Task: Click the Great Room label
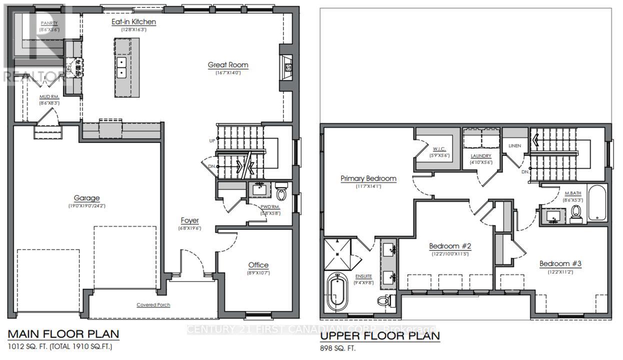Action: tap(228, 65)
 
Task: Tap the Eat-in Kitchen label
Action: tap(133, 22)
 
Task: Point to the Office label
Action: tap(258, 265)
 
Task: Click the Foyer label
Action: tap(189, 220)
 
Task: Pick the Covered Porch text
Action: tap(153, 304)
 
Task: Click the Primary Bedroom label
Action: tap(368, 178)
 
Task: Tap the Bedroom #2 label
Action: tap(450, 246)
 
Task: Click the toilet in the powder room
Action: tap(281, 192)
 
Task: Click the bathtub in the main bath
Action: tap(596, 203)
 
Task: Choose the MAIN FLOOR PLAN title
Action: tap(63, 333)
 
